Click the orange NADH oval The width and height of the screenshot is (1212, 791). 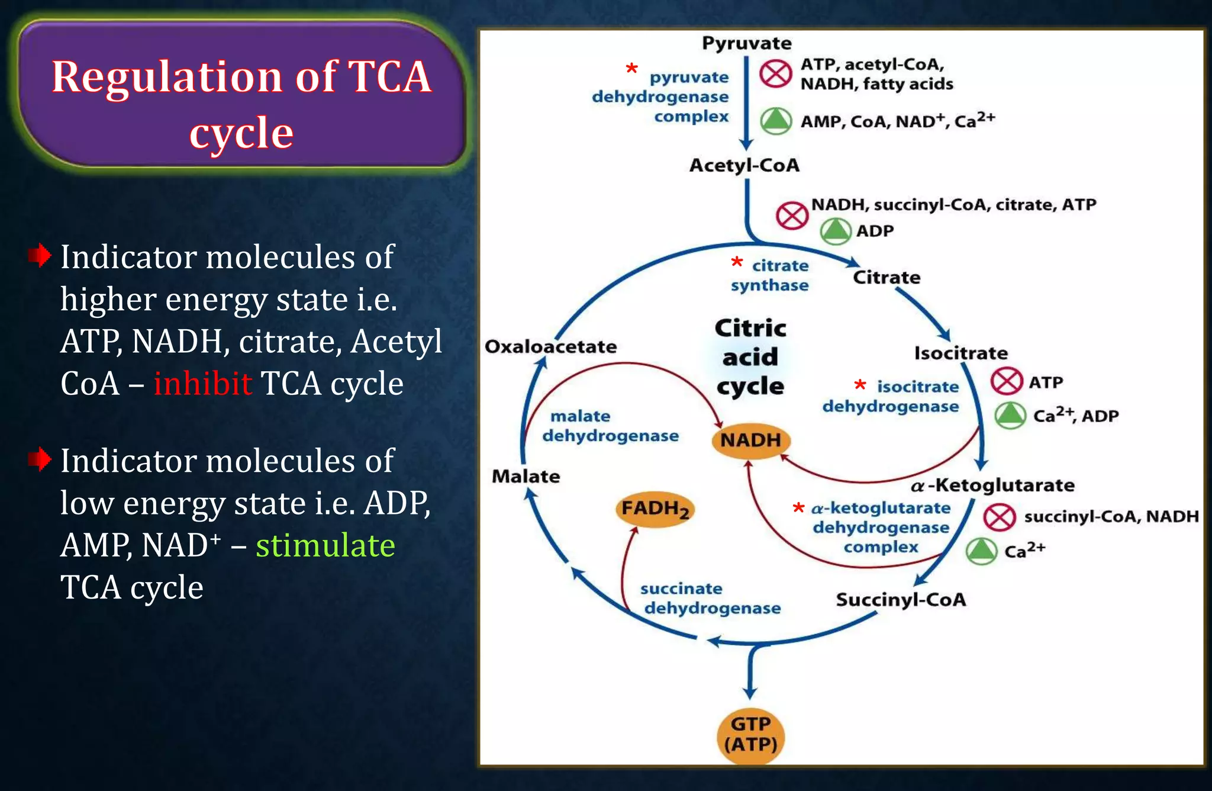[x=750, y=440]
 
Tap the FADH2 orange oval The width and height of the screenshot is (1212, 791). [x=655, y=509]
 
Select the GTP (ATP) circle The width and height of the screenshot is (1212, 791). [x=750, y=734]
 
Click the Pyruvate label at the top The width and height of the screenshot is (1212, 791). [x=746, y=43]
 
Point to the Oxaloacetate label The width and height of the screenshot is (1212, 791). [x=550, y=346]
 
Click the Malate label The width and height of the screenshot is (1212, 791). [x=526, y=476]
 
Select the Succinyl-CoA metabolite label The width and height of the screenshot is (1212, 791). [x=901, y=600]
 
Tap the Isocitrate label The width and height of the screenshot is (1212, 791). [x=960, y=353]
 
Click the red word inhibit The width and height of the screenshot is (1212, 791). [x=202, y=384]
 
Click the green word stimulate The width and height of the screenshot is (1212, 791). [x=325, y=545]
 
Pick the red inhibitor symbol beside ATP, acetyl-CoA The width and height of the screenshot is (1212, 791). [x=775, y=74]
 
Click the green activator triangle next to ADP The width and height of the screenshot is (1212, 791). [x=835, y=231]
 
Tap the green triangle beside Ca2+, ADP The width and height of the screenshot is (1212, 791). [x=1010, y=415]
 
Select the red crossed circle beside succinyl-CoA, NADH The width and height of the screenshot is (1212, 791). [x=1000, y=517]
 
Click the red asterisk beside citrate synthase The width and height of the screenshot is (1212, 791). [x=736, y=262]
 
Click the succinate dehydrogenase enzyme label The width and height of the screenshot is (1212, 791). [x=710, y=599]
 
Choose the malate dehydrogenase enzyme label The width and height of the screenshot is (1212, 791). [x=610, y=426]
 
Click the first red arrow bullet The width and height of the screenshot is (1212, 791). [x=40, y=256]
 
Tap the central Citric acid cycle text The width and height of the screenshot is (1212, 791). [x=750, y=357]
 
